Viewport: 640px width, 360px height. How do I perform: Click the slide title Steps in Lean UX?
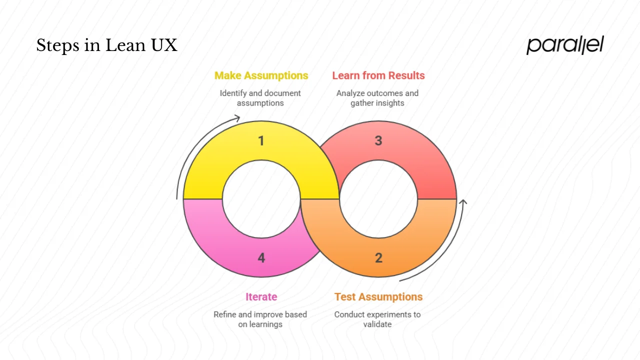point(106,45)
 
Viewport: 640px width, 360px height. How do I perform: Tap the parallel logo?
point(565,45)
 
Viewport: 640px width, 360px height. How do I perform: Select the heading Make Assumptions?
point(261,75)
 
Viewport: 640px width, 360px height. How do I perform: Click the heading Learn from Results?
point(378,75)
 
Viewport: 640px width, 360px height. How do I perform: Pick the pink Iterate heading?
point(261,296)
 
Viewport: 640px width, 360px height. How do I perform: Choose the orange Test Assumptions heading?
point(378,296)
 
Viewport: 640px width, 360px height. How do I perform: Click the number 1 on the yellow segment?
point(261,141)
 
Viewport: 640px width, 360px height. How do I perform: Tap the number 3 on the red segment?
point(378,141)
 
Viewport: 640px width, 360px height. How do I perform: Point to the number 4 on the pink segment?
point(261,257)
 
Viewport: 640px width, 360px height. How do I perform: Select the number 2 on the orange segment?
point(378,257)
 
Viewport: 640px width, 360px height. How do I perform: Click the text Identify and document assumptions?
point(260,98)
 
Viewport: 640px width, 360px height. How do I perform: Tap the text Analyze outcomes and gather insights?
point(377,98)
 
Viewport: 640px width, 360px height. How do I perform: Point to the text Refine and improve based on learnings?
point(260,319)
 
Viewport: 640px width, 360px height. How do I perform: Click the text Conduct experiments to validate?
point(377,319)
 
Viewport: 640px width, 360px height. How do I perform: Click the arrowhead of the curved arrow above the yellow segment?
point(237,118)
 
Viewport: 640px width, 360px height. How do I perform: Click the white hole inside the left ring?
point(261,199)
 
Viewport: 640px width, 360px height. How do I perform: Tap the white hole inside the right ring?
point(378,199)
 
